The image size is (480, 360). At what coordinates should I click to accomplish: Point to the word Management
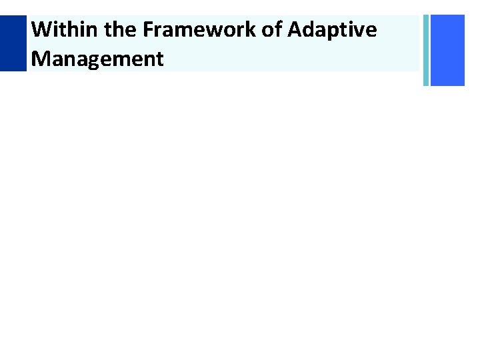(97, 59)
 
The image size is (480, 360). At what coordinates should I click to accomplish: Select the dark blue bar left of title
(13, 43)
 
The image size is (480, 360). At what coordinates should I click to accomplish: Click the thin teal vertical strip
(426, 51)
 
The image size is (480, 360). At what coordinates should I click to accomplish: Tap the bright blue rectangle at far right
(447, 51)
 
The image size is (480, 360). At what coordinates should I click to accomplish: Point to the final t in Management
(159, 59)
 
